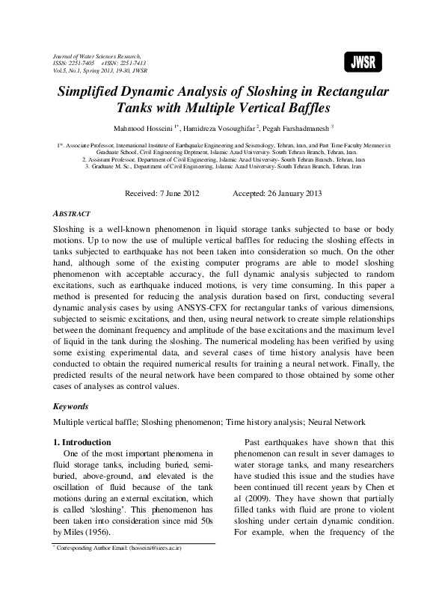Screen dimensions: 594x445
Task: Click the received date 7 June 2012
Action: (172, 192)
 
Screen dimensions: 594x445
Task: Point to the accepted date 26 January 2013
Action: (290, 192)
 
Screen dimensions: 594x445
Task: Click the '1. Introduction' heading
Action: (84, 443)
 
